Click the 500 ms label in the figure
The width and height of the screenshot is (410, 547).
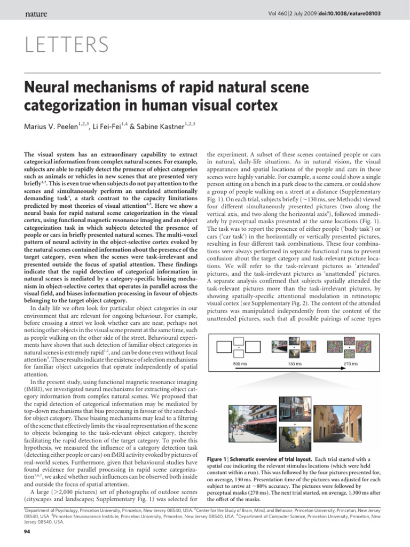pos(240,364)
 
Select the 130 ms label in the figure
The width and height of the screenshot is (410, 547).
pos(295,364)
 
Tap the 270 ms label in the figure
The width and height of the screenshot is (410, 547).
pos(350,364)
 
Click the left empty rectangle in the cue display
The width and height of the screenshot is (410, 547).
pos(223,348)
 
